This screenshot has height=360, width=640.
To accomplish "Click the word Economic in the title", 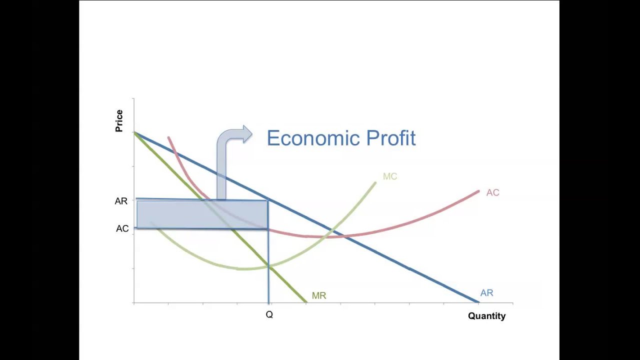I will tap(314, 138).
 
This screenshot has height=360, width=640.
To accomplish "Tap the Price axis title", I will tap(119, 121).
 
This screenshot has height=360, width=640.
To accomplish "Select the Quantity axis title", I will tap(486, 316).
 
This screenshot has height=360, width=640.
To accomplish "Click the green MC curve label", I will tap(390, 176).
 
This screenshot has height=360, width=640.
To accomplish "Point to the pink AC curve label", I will tap(492, 192).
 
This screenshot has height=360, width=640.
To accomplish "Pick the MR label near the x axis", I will tap(319, 295).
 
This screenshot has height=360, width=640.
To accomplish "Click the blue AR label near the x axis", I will tap(486, 293).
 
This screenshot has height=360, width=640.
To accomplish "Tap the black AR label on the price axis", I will tap(121, 201).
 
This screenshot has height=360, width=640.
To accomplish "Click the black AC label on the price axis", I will tap(122, 228).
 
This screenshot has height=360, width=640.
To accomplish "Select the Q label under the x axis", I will tap(269, 314).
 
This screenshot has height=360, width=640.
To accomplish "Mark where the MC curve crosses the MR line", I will tap(268, 266).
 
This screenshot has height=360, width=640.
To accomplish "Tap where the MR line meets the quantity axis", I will tap(306, 302).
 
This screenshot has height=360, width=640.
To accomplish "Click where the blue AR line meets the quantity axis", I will tap(478, 302).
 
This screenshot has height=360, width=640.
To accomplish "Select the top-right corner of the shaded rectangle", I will tap(268, 200).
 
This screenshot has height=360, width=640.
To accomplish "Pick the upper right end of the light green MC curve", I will tap(375, 183).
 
